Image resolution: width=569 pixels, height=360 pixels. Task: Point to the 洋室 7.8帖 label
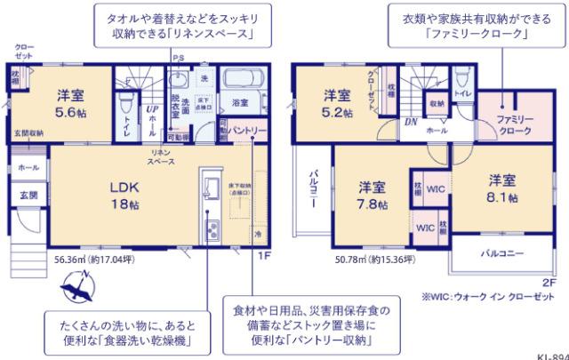(373, 195)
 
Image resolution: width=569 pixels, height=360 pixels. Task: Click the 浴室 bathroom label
(240, 103)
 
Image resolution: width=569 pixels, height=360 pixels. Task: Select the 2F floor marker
(549, 282)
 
